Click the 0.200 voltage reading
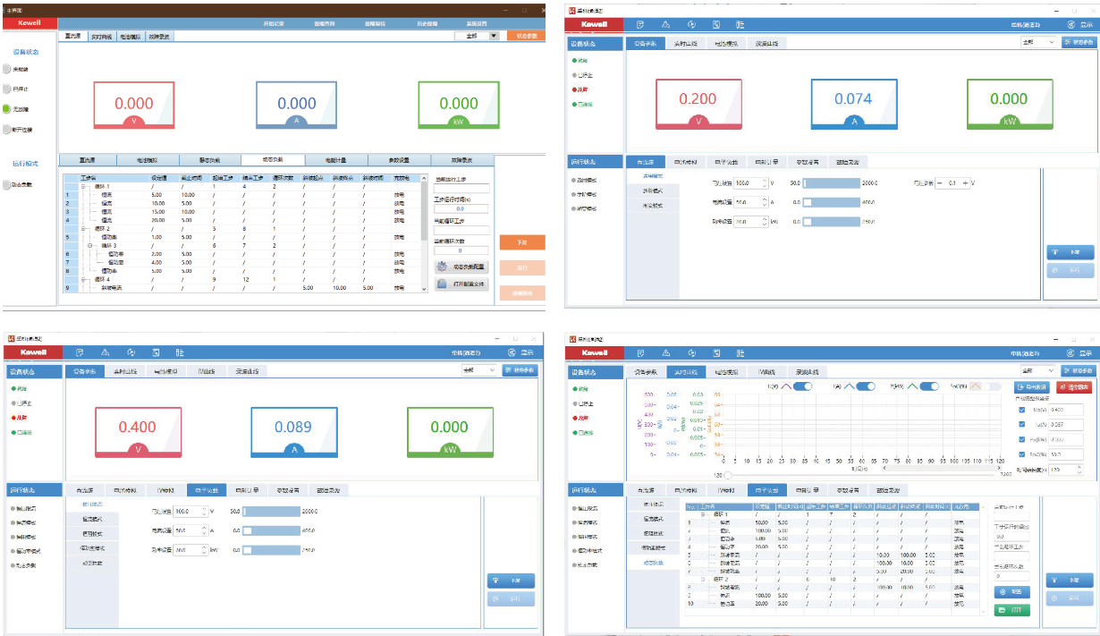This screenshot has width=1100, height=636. pos(698,99)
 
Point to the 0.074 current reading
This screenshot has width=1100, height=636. pos(853,99)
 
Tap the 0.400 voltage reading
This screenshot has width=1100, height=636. pos(137,428)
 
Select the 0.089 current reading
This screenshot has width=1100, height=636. pos(292,428)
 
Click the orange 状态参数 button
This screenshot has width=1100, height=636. pos(526,36)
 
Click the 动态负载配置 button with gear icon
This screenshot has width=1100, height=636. pos(461,267)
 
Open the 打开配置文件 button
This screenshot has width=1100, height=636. pos(461,284)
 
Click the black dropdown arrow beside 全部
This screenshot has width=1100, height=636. pos(494,36)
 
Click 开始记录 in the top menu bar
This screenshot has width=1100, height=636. pos(274,23)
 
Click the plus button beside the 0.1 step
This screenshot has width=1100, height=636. pos(965,182)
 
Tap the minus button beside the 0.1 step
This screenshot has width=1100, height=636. pos(940,182)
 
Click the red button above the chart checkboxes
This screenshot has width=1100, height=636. pos(1073,387)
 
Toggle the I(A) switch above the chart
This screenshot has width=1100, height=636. pos(865,386)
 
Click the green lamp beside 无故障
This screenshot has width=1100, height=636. pos(7,108)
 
